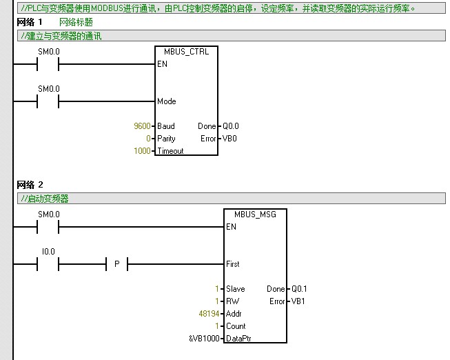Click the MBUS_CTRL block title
click(x=186, y=52)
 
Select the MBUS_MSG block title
click(x=255, y=214)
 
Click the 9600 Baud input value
click(x=142, y=126)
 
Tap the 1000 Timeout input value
click(x=142, y=151)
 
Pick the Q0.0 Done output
click(x=230, y=126)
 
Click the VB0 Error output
click(x=229, y=139)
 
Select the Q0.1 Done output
click(x=299, y=289)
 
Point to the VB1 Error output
click(x=298, y=301)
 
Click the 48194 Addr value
click(x=208, y=314)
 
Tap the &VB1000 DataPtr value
click(x=204, y=339)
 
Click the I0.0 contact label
click(x=48, y=252)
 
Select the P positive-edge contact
click(x=116, y=264)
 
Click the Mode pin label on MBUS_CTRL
click(x=167, y=101)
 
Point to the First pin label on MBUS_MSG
click(x=233, y=264)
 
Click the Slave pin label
click(x=236, y=289)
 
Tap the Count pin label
click(x=236, y=326)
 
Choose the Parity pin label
click(x=167, y=139)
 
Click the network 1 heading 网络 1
click(x=30, y=22)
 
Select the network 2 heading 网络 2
click(x=30, y=185)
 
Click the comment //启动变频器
click(x=45, y=199)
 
